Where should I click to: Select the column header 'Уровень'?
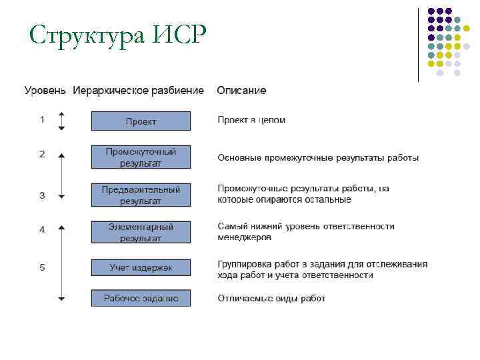(45, 90)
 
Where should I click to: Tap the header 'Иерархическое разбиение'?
(138, 90)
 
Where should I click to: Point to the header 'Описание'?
(241, 90)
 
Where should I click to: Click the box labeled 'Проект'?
(141, 121)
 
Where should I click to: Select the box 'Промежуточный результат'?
(141, 157)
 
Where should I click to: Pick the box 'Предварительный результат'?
(141, 195)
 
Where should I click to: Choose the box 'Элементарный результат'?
(141, 232)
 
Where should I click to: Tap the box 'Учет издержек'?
(141, 267)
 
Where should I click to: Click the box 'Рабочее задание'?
(141, 298)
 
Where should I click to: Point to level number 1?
(42, 120)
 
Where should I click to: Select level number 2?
(42, 154)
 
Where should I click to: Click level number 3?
(42, 195)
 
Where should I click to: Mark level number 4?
(42, 229)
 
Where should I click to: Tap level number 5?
(42, 267)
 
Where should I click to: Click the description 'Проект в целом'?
(251, 120)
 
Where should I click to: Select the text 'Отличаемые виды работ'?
(271, 298)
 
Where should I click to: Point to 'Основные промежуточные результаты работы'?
(318, 158)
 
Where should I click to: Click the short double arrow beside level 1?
(61, 121)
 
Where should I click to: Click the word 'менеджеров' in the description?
(244, 237)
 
